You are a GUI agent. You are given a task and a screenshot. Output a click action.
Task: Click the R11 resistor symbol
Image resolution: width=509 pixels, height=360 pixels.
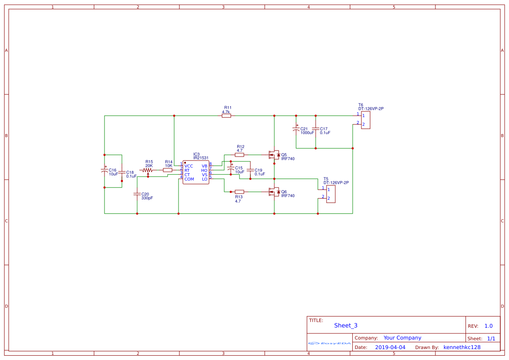(226, 116)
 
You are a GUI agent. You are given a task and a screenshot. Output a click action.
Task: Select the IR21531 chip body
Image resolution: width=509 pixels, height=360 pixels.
(196, 173)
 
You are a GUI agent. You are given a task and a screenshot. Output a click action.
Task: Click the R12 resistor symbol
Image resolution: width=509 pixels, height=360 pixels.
(239, 155)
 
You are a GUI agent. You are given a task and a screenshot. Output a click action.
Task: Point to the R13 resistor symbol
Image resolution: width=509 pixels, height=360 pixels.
(239, 192)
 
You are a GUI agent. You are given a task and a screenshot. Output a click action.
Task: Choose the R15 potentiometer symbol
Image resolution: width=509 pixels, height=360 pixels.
(148, 170)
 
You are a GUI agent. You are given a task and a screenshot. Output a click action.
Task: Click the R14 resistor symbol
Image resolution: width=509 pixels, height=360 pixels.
(168, 170)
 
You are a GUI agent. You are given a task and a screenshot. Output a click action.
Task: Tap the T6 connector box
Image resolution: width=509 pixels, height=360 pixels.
(366, 120)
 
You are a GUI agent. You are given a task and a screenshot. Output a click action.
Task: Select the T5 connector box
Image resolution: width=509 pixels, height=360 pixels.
(331, 194)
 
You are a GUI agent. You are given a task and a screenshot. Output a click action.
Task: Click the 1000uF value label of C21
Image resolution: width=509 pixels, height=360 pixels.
(307, 133)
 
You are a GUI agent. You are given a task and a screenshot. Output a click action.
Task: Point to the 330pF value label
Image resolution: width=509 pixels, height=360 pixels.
(147, 198)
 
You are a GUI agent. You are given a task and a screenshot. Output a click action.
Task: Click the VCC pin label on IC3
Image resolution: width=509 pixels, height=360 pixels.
(189, 166)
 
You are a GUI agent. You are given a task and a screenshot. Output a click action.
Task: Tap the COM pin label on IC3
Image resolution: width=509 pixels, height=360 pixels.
(189, 179)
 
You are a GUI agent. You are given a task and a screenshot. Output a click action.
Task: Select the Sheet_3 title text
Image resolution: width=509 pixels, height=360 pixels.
(346, 326)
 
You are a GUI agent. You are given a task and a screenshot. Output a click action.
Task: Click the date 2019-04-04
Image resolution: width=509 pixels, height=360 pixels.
(390, 347)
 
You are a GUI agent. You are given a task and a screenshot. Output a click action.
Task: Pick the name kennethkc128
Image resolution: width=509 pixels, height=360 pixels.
(462, 347)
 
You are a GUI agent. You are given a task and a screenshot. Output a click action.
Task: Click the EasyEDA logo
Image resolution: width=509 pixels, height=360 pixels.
(330, 343)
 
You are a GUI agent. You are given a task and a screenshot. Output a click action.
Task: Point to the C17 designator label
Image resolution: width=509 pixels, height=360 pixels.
(324, 129)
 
